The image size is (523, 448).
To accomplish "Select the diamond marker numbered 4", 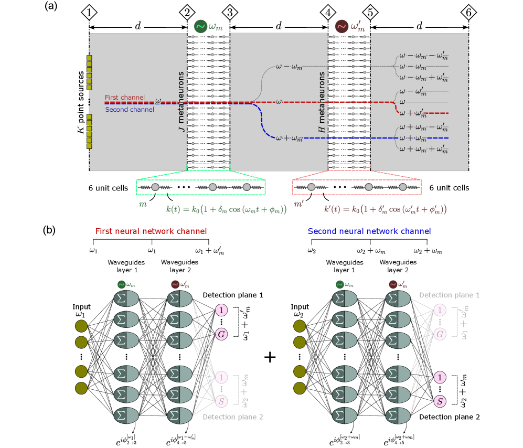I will (x=328, y=11).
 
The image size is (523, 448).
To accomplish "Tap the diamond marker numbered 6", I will (x=467, y=11).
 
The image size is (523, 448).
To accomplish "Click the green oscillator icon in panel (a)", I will (x=200, y=26).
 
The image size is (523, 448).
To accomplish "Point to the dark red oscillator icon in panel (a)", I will (x=341, y=26).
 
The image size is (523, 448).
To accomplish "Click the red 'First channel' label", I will (x=122, y=97).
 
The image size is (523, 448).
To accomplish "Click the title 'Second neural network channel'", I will (x=369, y=231).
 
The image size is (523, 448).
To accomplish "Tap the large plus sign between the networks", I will (x=270, y=357).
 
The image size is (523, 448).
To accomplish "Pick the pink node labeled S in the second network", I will (x=440, y=401).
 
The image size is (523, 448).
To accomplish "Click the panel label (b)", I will (x=50, y=231).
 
